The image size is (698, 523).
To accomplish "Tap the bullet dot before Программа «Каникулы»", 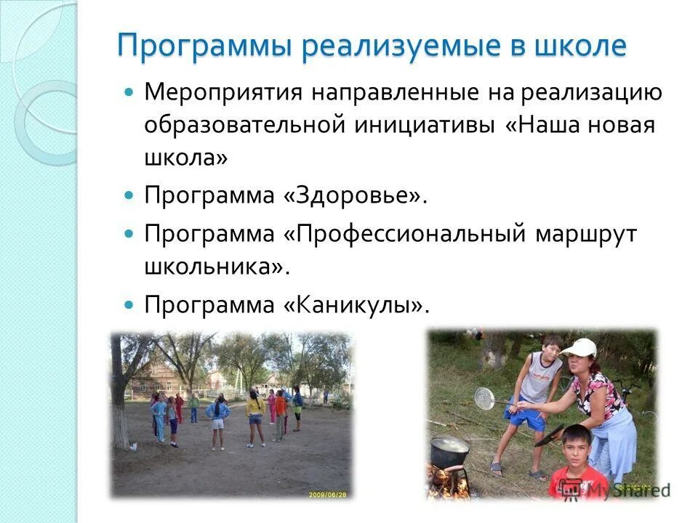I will (x=129, y=303).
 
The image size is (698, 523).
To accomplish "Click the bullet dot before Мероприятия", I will (x=129, y=93).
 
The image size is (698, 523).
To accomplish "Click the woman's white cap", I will (x=580, y=347).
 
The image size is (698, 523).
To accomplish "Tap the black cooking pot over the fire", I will (x=449, y=453).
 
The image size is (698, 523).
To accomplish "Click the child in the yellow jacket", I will (x=255, y=408).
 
